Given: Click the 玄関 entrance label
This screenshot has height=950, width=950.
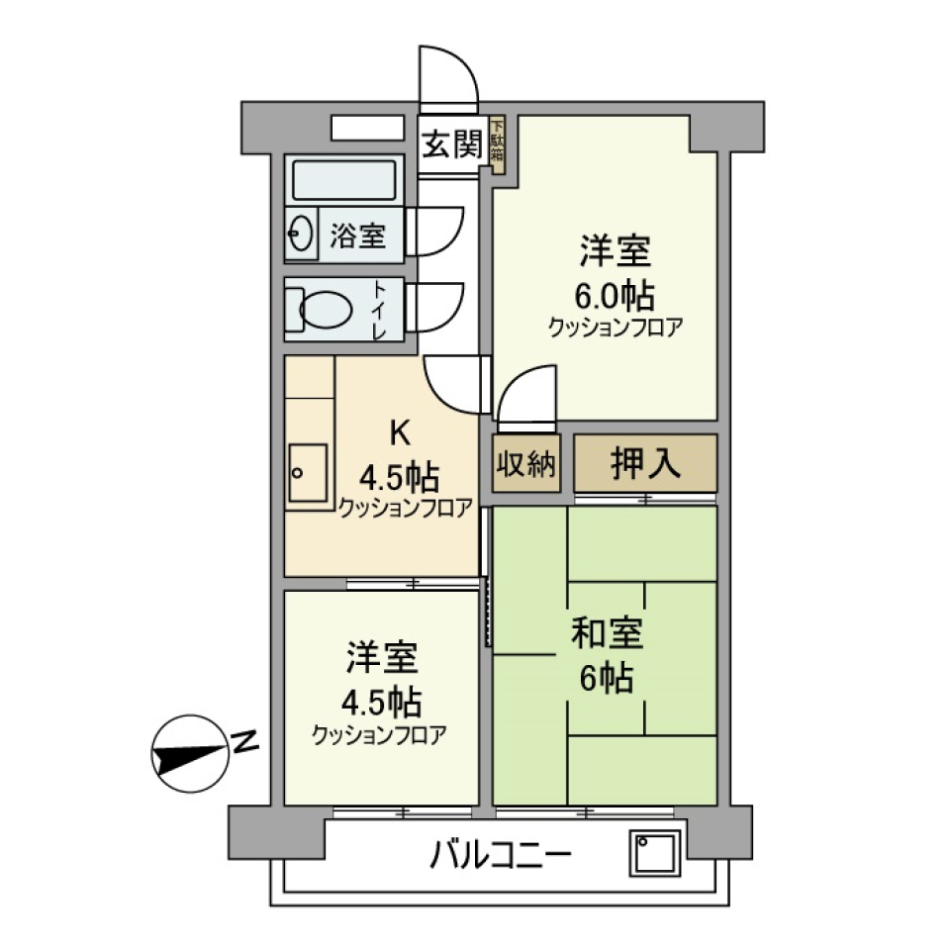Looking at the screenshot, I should tap(452, 145).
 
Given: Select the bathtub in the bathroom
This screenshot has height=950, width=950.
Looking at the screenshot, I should tap(343, 180).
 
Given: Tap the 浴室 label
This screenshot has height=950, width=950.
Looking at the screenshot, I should tap(357, 237).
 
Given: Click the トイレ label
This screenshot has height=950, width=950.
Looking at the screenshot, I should tap(379, 311).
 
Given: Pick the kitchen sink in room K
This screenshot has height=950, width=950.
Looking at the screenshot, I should tap(307, 473).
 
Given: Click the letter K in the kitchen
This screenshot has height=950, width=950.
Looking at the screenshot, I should tap(398, 432).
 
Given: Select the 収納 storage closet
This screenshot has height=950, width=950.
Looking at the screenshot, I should tap(526, 463).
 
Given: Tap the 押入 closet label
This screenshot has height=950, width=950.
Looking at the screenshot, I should tap(645, 462).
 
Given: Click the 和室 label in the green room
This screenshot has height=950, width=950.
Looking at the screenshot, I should tap(607, 633).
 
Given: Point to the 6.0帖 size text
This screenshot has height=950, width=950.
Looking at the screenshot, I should tap(615, 295).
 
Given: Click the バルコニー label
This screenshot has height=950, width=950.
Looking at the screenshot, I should tap(500, 853).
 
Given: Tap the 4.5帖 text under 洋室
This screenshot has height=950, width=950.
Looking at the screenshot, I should tap(380, 702).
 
